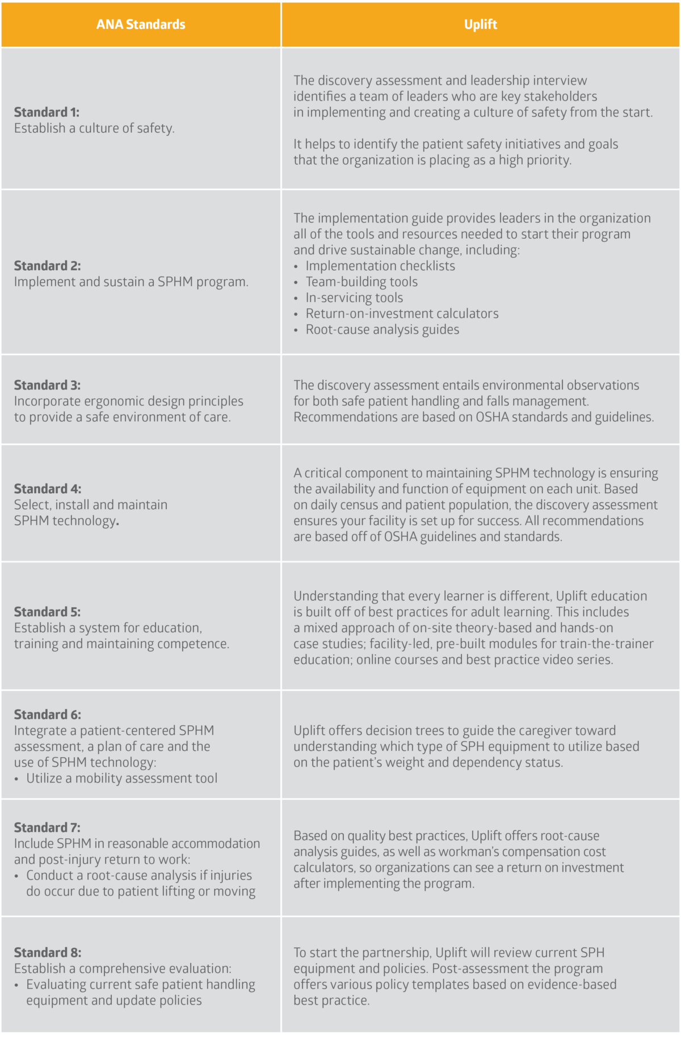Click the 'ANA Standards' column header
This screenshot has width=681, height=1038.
pos(140,24)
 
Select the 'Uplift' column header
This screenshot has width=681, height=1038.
pos(480,24)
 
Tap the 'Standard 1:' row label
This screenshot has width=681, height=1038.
pos(47,112)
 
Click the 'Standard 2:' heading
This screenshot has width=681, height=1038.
pos(47,266)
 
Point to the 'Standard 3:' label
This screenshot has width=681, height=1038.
pos(47,385)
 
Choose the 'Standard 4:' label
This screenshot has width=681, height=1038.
pos(48,489)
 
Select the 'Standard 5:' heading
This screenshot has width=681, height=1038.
pos(47,612)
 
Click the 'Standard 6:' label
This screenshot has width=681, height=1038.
pos(48,715)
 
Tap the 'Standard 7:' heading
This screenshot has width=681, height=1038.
pos(47,827)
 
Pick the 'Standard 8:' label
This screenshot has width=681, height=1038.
pos(48,952)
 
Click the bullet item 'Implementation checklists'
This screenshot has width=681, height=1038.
pos(380,266)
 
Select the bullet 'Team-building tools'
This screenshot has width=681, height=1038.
pos(361,282)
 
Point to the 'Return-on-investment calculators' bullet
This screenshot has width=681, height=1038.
pos(402,314)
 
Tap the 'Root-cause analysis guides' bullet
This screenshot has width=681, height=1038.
pos(382,330)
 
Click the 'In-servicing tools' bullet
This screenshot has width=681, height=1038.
pos(354,298)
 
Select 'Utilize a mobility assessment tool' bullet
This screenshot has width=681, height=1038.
pos(121,779)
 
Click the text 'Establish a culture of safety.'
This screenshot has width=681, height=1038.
pos(94,128)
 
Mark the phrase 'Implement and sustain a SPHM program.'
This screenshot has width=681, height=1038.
pos(131,282)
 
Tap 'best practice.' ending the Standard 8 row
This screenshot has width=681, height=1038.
pos(331,1001)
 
